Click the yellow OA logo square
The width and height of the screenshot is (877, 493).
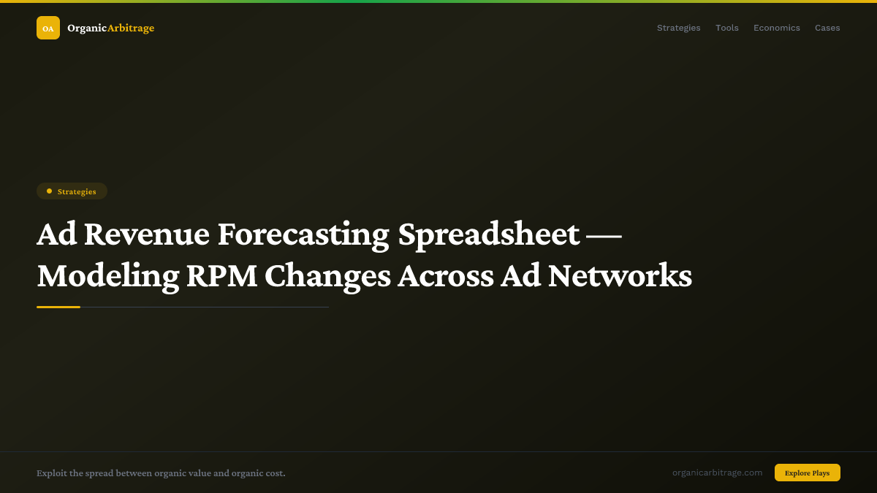pos(48,28)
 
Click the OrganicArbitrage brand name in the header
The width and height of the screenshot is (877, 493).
pos(110,28)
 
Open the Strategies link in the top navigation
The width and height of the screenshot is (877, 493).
pos(678,28)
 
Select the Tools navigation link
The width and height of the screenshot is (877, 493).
pos(726,28)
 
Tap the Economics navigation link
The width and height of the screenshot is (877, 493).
pos(776,28)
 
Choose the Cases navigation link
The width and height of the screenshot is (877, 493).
pos(827,28)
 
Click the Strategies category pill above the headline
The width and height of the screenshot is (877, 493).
pos(72,191)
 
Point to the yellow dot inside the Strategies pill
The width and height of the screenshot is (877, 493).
pos(49,191)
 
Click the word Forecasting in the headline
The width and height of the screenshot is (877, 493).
pos(303,234)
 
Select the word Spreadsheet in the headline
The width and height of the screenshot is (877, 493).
pos(489,234)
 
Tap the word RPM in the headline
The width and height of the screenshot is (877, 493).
pos(221,276)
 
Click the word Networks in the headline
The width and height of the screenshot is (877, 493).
pos(620,276)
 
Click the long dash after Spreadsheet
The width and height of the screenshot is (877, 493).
pos(604,234)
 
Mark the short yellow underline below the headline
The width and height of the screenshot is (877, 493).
pos(58,307)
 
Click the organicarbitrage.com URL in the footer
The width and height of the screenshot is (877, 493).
pos(717,473)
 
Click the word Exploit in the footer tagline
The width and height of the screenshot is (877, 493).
pos(51,473)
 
